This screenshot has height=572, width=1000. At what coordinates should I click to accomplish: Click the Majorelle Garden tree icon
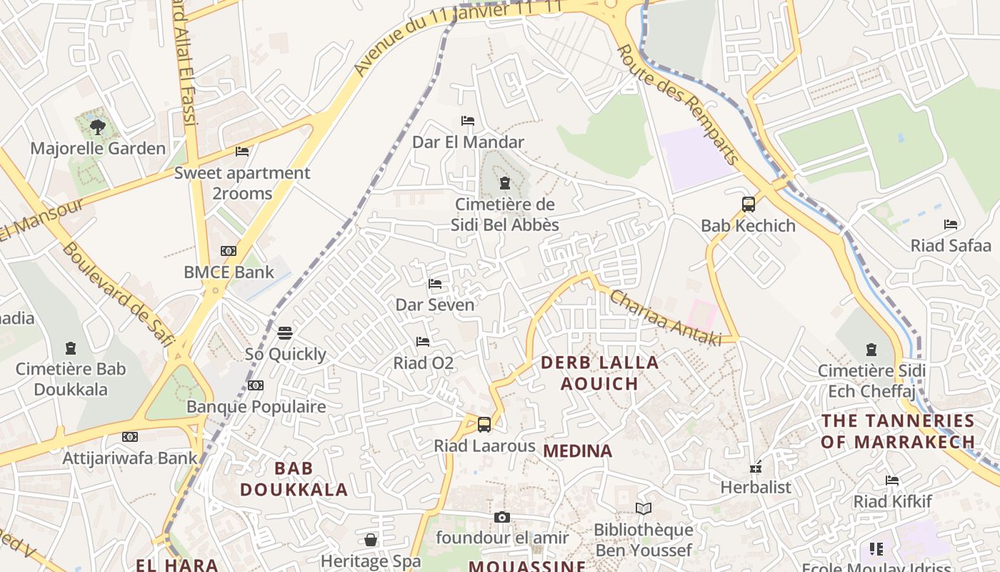point(98,127)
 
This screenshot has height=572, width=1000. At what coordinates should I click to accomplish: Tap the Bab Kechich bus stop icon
point(748,204)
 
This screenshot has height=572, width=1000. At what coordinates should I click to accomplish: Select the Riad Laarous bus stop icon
point(484,425)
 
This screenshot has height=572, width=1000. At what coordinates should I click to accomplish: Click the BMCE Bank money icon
point(229,251)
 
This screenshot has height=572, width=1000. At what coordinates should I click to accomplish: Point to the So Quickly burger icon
point(285,333)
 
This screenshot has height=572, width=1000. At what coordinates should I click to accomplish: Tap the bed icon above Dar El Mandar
point(468,121)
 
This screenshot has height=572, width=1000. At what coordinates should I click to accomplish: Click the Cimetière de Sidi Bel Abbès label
point(505,214)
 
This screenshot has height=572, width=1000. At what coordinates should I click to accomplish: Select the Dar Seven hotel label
point(435,305)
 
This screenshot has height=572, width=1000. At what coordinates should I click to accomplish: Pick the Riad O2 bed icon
point(423,342)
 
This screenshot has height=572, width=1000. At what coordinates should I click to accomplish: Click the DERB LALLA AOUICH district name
point(599,373)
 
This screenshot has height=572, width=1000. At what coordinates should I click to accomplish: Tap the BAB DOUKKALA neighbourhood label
point(294,479)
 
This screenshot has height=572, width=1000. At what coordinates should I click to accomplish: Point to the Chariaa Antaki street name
point(664,319)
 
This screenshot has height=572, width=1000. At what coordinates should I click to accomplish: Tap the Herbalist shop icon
point(756,468)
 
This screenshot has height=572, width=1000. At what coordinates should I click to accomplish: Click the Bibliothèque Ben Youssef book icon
point(644,508)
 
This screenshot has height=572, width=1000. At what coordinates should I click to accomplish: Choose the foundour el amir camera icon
point(502,517)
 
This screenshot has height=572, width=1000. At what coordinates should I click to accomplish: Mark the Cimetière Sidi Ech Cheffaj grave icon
point(871,350)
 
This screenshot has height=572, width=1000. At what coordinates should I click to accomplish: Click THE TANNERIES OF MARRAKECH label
point(898,431)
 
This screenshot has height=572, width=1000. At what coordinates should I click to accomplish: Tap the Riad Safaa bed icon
point(950,225)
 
